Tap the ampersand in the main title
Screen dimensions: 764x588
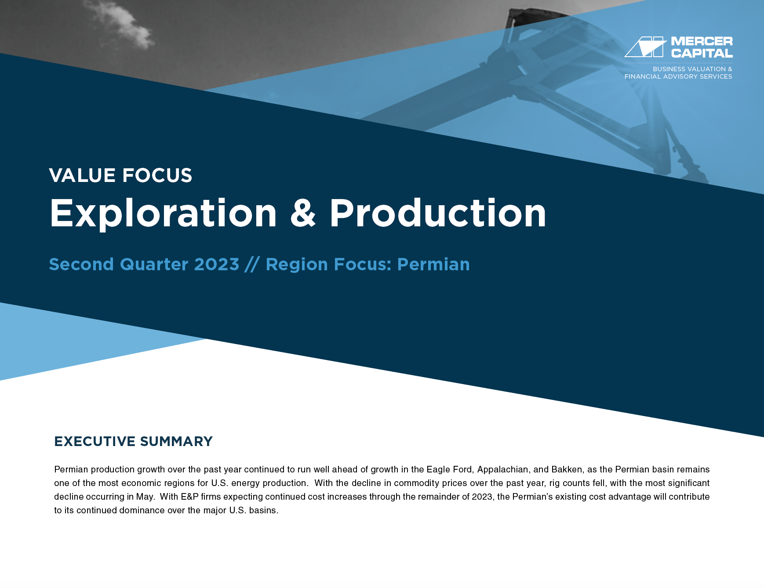pos(303,213)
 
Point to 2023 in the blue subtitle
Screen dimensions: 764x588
pos(217,265)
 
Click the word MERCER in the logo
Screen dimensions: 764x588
pos(702,41)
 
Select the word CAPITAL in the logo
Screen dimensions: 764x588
pos(702,53)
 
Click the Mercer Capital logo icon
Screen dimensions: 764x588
pos(645,47)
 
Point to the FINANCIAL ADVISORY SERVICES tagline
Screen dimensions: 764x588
pos(678,76)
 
